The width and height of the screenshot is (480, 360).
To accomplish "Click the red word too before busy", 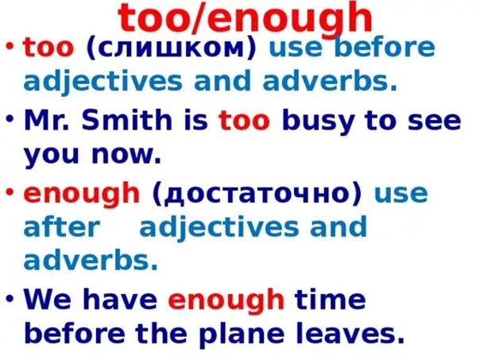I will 245,122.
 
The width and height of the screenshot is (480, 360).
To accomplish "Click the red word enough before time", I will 226,300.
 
